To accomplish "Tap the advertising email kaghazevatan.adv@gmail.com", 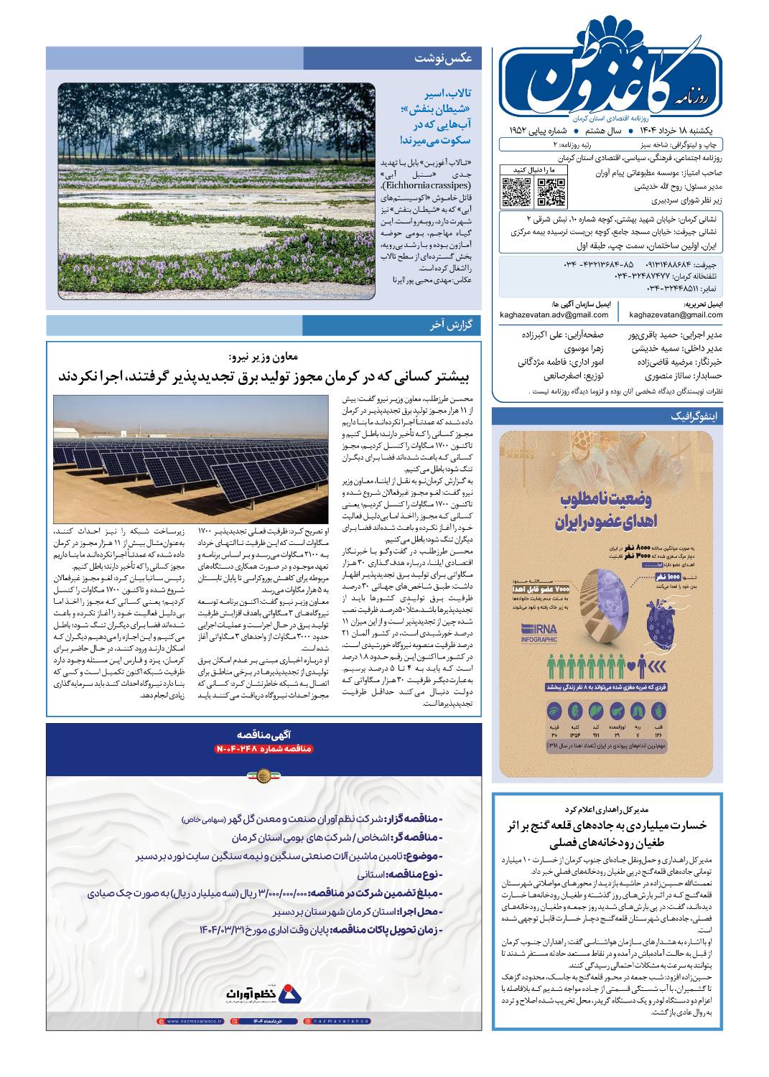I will (x=554, y=314).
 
